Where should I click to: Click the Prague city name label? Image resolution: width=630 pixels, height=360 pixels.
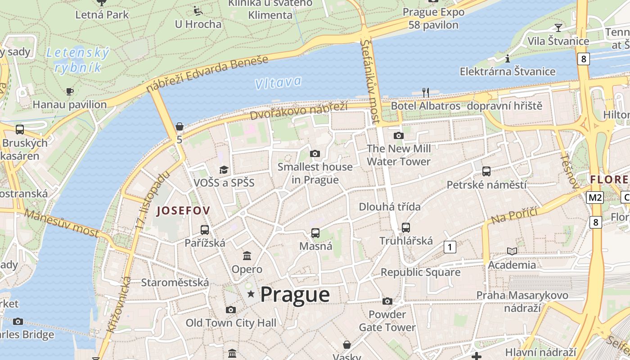pyautogui.click(x=295, y=295)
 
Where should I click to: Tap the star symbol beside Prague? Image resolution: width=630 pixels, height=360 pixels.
pyautogui.click(x=251, y=294)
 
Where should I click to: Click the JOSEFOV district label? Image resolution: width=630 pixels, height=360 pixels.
pyautogui.click(x=183, y=210)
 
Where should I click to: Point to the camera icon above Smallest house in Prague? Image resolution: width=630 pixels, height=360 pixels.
pyautogui.click(x=315, y=154)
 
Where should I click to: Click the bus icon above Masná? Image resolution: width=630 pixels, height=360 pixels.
pyautogui.click(x=315, y=233)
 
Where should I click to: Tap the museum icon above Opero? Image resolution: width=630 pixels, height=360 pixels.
pyautogui.click(x=247, y=256)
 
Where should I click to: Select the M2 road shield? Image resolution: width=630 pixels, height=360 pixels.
pyautogui.click(x=595, y=197)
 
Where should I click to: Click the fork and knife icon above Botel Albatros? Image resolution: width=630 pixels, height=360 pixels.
pyautogui.click(x=425, y=93)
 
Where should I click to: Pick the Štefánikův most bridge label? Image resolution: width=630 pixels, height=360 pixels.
pyautogui.click(x=370, y=81)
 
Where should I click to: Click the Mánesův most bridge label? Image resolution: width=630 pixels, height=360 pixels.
pyautogui.click(x=62, y=223)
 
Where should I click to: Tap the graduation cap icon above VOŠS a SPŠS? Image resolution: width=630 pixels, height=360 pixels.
pyautogui.click(x=224, y=170)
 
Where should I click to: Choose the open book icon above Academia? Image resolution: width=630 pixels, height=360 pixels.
pyautogui.click(x=512, y=252)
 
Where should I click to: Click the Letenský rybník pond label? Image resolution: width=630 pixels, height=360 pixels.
pyautogui.click(x=78, y=60)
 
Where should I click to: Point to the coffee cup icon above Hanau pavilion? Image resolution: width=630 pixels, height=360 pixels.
pyautogui.click(x=70, y=92)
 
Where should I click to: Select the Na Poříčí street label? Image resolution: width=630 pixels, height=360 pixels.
pyautogui.click(x=514, y=216)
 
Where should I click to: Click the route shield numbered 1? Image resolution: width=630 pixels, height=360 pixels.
pyautogui.click(x=450, y=247)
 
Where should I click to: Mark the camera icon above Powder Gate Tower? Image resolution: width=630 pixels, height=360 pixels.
pyautogui.click(x=387, y=301)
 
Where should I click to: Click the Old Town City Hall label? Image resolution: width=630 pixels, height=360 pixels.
pyautogui.click(x=231, y=323)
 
